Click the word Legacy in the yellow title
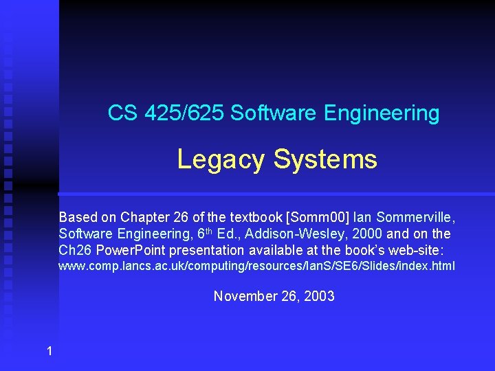click(x=221, y=159)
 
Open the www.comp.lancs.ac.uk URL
click(x=256, y=266)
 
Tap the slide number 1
click(x=49, y=352)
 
